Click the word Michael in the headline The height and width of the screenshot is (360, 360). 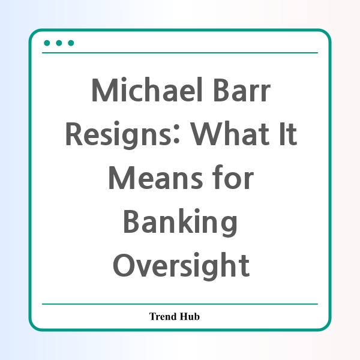147,89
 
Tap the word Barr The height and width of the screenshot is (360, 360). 242,90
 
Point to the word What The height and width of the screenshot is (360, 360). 230,134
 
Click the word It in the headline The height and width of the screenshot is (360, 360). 288,134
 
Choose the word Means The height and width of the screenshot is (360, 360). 155,178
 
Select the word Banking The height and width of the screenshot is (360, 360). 180,222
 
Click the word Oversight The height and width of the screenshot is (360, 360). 181,266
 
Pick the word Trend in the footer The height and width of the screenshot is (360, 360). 163,316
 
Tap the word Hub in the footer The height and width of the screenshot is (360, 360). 190,316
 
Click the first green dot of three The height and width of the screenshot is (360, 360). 47,43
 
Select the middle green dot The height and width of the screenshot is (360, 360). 59,43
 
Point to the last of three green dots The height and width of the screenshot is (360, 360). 71,43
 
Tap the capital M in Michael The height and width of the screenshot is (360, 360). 105,90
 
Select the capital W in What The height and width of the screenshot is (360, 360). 208,134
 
